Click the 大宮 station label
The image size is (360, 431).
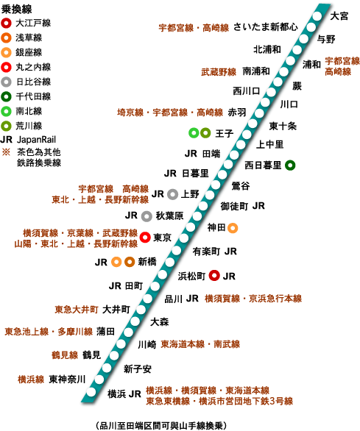click(339, 16)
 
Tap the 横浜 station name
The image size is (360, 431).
click(116, 394)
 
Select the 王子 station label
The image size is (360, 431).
click(225, 134)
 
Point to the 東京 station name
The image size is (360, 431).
click(162, 238)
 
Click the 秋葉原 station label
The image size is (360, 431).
click(169, 215)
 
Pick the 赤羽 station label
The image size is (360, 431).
click(237, 112)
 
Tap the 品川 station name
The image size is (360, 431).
click(174, 299)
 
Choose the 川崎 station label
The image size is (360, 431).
click(147, 344)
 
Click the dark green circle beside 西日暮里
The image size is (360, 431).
click(290, 165)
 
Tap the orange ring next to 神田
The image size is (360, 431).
click(233, 228)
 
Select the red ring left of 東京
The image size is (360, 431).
click(145, 238)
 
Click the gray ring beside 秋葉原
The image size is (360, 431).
click(147, 216)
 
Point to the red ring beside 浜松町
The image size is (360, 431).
click(214, 275)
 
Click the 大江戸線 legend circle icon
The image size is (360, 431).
click(6, 23)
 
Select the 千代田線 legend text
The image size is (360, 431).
click(33, 96)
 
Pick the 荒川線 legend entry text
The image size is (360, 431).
click(29, 126)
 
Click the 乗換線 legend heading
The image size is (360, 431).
click(16, 9)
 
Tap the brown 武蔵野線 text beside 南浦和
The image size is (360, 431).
click(219, 72)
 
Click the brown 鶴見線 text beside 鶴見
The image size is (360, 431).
click(65, 355)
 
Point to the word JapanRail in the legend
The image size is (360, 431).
click(36, 140)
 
